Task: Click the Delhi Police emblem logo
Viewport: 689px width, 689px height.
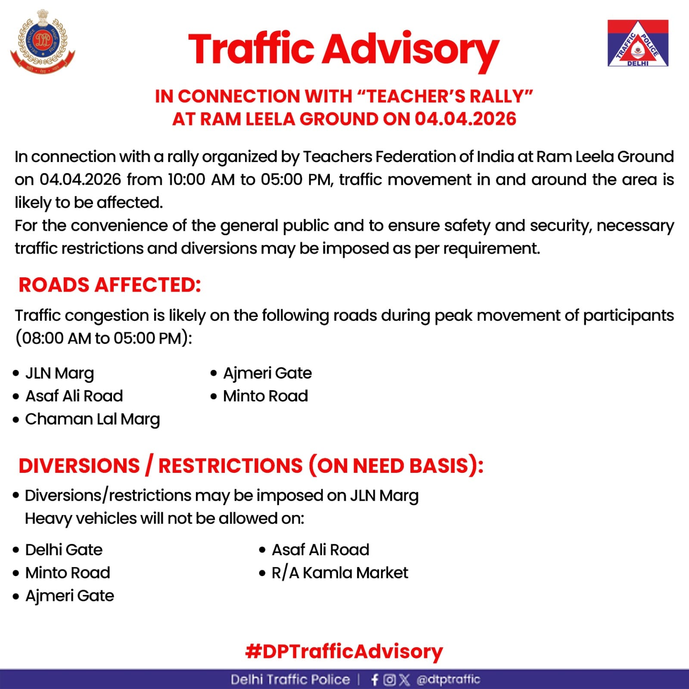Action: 43,42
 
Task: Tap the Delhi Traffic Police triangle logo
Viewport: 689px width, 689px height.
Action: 638,43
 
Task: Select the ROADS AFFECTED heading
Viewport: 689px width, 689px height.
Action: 110,285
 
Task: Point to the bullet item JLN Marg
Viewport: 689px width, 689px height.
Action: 59,373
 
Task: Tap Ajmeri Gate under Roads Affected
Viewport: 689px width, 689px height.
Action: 267,373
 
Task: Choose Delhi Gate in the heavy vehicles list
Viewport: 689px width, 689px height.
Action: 64,550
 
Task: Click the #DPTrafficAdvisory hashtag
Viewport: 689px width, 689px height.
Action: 344,652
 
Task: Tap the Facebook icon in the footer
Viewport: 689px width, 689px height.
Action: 375,680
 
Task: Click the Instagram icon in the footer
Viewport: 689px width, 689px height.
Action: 389,680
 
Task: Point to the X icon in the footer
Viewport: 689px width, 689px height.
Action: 404,680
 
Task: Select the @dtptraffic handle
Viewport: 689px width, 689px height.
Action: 448,680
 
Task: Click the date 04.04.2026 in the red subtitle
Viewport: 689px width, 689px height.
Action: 466,119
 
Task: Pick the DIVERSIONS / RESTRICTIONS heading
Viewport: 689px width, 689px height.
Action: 251,466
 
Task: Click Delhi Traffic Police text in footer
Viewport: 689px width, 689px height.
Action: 290,680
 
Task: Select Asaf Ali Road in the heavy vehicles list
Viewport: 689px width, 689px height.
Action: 320,550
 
